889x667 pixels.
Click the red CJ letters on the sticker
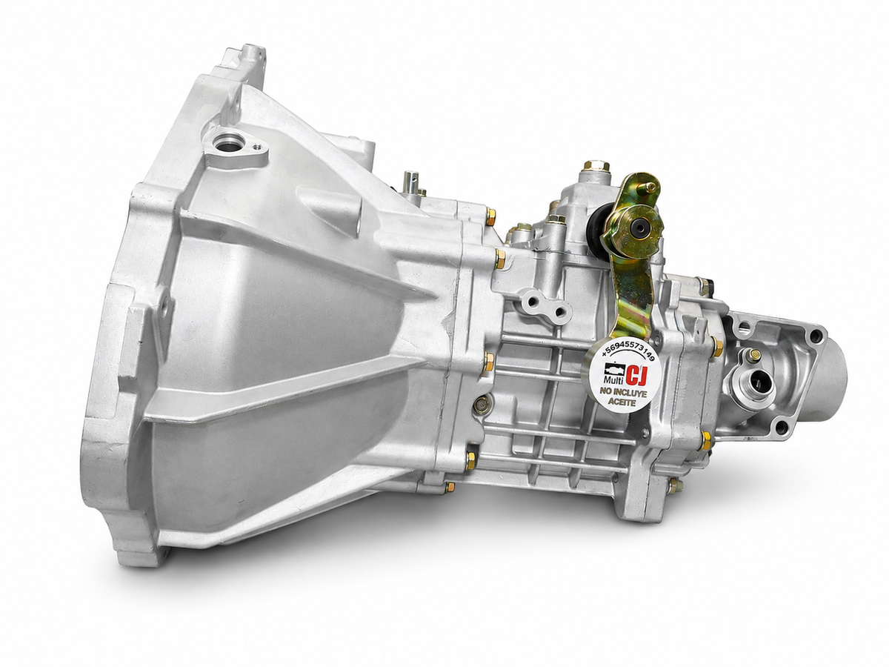point(634,376)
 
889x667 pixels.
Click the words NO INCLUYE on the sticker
point(624,393)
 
